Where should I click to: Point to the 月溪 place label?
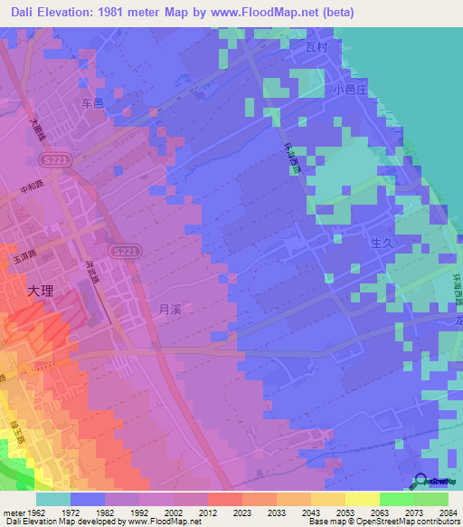(170, 309)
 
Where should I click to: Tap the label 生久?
(382, 244)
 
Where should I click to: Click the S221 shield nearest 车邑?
(52, 160)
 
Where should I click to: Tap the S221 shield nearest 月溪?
(125, 250)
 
